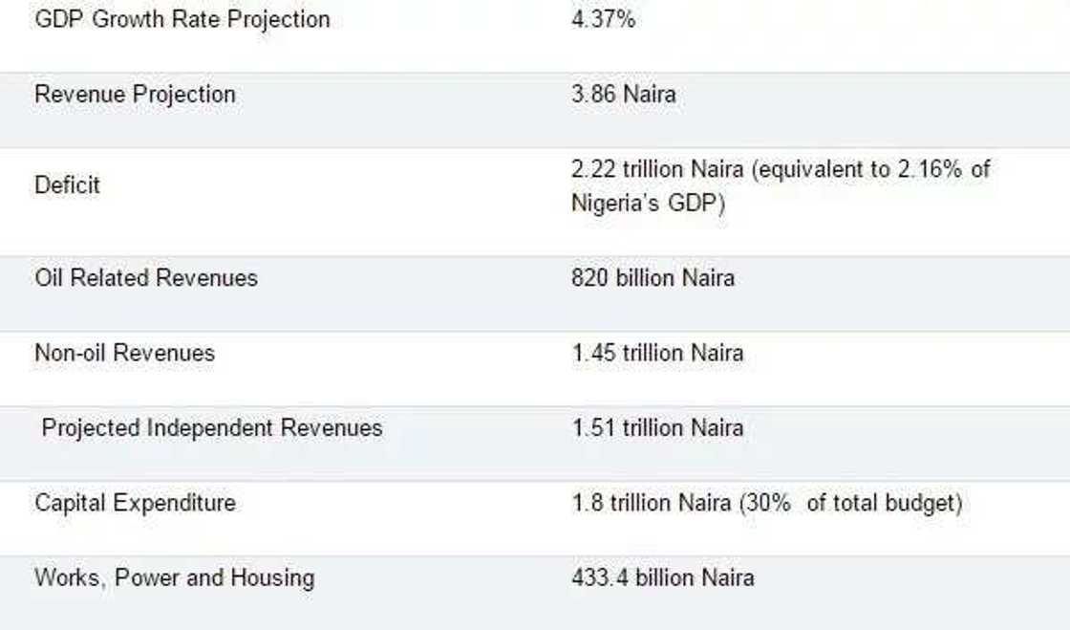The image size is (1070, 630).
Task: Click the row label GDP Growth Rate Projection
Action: [x=182, y=19]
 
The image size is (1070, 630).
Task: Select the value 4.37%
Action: [x=603, y=19]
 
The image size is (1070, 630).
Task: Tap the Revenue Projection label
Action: [x=135, y=94]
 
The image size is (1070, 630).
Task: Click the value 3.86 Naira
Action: [x=623, y=94]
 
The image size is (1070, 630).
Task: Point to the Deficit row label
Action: [x=67, y=185]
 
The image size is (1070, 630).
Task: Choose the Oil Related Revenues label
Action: [x=146, y=278]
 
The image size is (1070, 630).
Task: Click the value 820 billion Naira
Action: [x=653, y=278]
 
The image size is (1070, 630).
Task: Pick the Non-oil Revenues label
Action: [x=125, y=353]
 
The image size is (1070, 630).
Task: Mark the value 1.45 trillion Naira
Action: [x=657, y=353]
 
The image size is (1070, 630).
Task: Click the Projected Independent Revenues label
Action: [x=212, y=427]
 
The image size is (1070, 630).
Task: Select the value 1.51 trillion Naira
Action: [x=657, y=427]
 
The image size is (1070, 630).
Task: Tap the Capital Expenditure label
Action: [x=135, y=503]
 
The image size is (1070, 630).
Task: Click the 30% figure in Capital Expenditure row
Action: [x=768, y=503]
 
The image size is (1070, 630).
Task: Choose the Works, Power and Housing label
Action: [x=175, y=577]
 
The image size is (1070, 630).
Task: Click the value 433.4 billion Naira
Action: [x=662, y=577]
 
